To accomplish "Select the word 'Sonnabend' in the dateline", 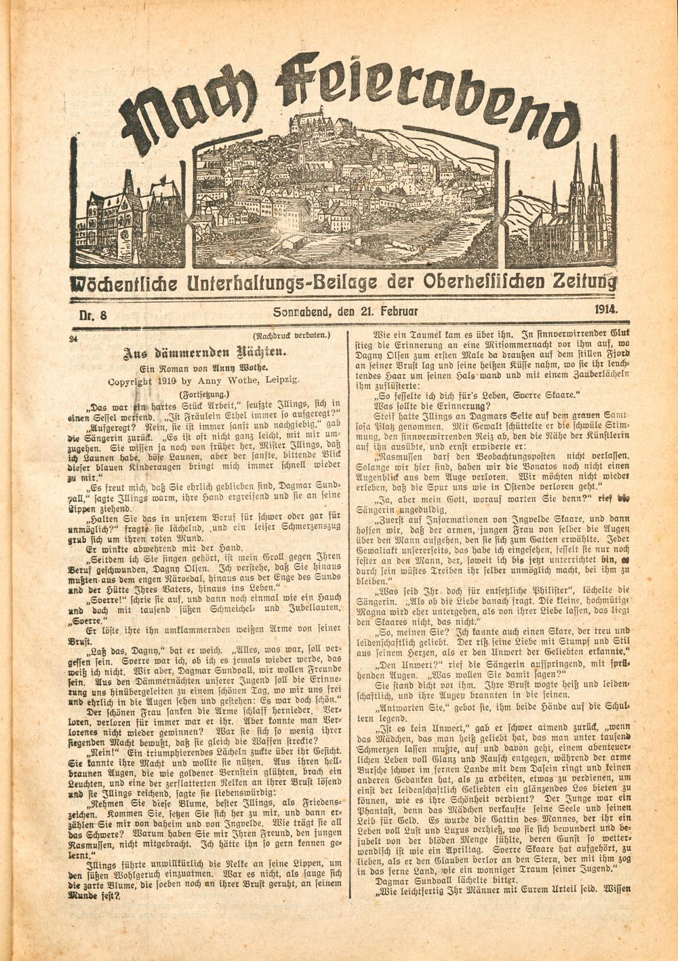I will [302, 312].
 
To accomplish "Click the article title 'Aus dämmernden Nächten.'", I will [205, 352].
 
